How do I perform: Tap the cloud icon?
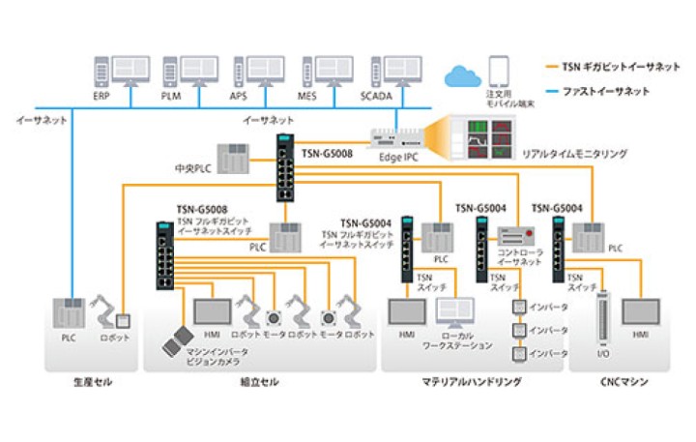click(462, 74)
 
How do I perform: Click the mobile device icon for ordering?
click(499, 71)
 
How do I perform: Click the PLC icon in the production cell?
click(67, 313)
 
